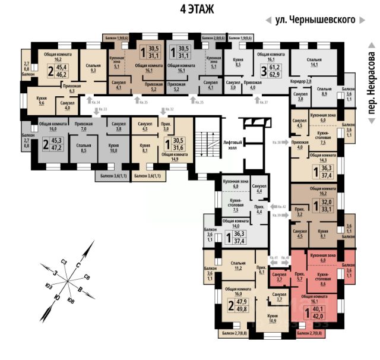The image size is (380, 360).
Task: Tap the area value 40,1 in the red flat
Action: click(318, 309)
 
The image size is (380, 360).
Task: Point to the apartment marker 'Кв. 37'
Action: click(262, 103)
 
